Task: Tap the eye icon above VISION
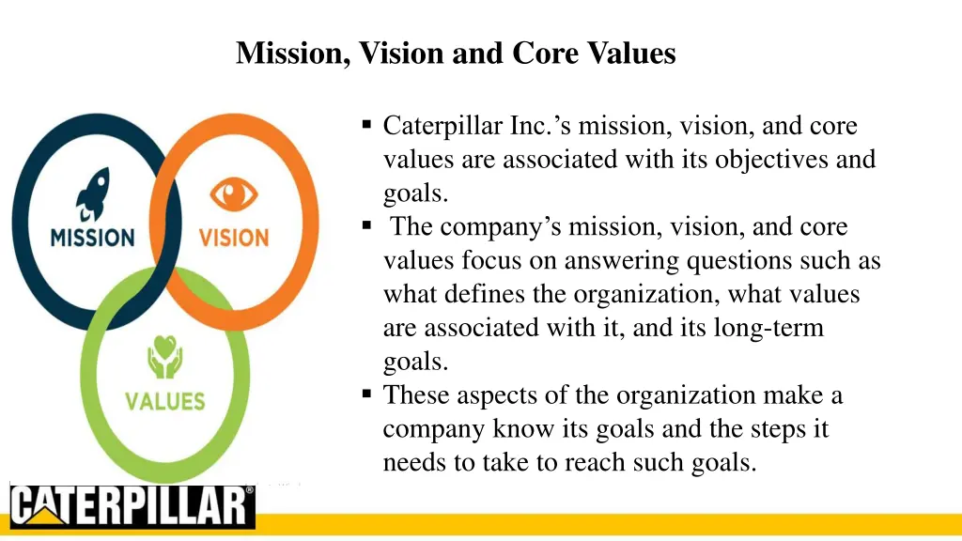coord(232,195)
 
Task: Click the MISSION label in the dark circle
coord(93,237)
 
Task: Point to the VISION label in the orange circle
coord(233,237)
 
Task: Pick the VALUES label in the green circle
coord(165,402)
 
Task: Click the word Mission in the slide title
coord(291,54)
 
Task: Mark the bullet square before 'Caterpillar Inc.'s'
coord(366,125)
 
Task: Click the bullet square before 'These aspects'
coord(366,395)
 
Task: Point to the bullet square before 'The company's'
coord(366,226)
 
